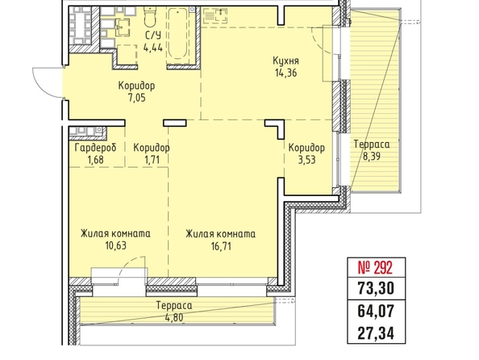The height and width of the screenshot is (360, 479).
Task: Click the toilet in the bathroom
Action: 150,17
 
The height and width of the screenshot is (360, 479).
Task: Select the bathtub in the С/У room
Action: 177,34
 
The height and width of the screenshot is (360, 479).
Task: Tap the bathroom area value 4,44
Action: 153,48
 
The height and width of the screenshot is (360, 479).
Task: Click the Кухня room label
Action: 285,61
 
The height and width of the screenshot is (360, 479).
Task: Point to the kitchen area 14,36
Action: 285,73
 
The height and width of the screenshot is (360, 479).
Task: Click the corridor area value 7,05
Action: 136,98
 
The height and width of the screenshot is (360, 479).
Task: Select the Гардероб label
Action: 96,148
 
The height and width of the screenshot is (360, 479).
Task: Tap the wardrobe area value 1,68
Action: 95,160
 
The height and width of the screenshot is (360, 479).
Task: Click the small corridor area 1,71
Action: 152,160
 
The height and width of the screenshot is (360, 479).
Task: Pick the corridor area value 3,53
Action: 306,160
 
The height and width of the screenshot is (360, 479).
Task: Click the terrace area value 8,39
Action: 372,157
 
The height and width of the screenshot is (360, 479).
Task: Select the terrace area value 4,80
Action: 174,317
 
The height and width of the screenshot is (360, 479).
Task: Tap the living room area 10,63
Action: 116,245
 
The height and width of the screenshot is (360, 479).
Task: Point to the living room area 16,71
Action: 221,245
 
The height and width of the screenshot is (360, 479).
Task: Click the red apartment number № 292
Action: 375,268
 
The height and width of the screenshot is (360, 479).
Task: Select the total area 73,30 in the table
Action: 376,288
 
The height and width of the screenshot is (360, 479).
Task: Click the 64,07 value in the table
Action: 376,311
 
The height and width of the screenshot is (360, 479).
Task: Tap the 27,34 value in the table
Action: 376,333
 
